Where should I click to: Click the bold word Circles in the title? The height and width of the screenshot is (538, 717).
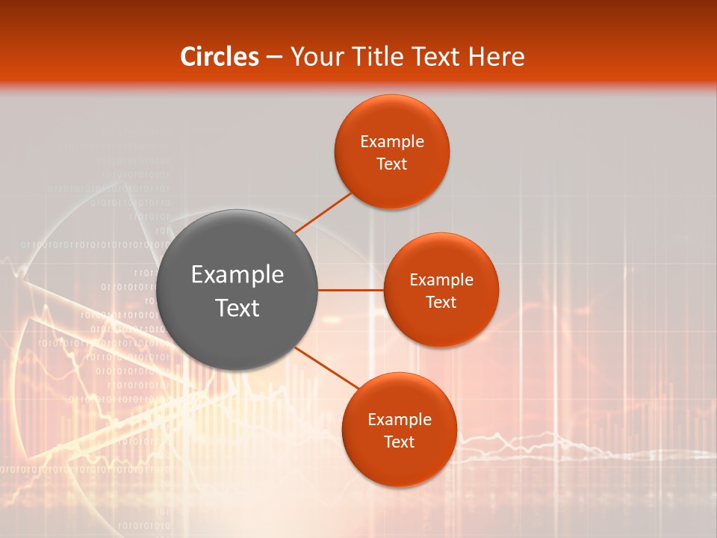click(x=220, y=57)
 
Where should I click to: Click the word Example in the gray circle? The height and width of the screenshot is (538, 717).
click(x=238, y=275)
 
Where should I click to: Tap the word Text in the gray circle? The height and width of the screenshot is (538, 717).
click(x=238, y=308)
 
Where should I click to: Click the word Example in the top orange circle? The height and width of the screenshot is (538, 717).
click(x=391, y=142)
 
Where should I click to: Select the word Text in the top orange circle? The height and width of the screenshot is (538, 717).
click(x=391, y=164)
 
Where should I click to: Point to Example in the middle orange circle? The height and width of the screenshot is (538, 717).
click(x=441, y=280)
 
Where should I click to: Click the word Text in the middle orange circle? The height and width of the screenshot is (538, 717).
click(x=441, y=303)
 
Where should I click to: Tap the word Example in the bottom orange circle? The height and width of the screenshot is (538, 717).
click(x=399, y=420)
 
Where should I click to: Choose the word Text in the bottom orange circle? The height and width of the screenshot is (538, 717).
click(x=399, y=442)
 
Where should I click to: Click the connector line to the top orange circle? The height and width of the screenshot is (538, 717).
click(x=323, y=213)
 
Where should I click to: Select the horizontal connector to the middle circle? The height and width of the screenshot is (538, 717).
click(x=350, y=290)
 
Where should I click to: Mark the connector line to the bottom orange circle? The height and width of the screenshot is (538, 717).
click(x=327, y=368)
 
